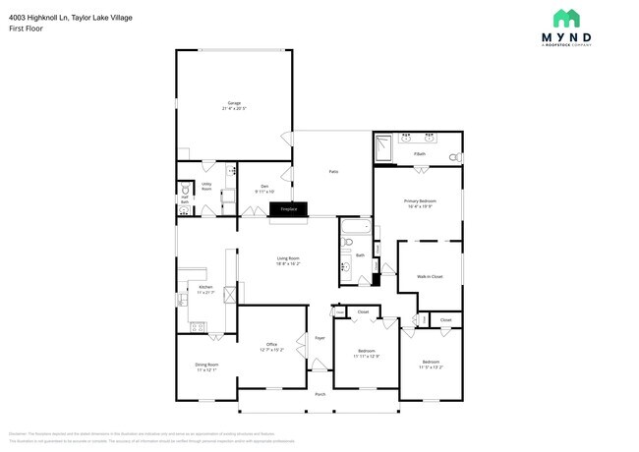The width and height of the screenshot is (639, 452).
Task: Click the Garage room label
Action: (x=234, y=102)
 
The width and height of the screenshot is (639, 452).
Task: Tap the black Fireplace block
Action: (x=289, y=209)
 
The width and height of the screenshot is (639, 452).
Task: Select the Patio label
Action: (x=333, y=172)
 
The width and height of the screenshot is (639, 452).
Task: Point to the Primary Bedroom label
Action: (x=419, y=201)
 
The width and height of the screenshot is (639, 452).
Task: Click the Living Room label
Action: (x=287, y=258)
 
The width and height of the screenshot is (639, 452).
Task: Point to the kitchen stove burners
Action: (x=195, y=325)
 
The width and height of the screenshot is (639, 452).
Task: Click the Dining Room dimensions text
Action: (x=206, y=370)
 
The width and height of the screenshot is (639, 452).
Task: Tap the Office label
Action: (x=271, y=344)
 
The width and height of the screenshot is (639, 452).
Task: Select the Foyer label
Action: (x=319, y=338)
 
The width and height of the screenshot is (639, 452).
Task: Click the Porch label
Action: (x=319, y=394)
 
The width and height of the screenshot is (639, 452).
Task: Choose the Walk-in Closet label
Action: (x=430, y=276)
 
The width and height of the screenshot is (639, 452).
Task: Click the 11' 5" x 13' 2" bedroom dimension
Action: (x=431, y=367)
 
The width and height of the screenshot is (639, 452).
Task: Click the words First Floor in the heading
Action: (x=28, y=28)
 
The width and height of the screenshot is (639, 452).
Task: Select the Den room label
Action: (x=264, y=186)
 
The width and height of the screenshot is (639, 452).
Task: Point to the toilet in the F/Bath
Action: (x=454, y=157)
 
